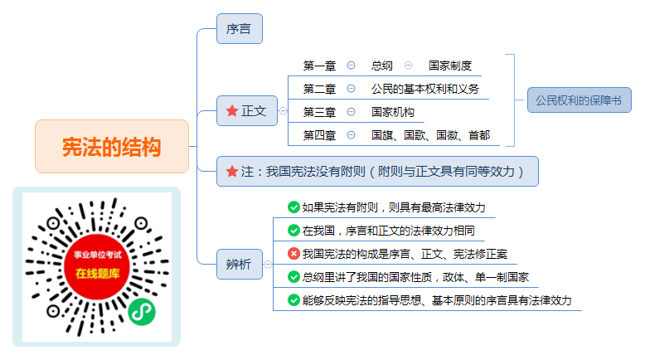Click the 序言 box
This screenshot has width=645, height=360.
tap(240, 29)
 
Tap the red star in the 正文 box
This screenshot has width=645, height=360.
tap(232, 110)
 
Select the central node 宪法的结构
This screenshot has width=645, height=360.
tap(112, 147)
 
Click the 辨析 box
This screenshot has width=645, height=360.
tap(240, 264)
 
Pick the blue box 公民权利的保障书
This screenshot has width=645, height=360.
tap(580, 100)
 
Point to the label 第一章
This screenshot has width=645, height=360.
tap(320, 66)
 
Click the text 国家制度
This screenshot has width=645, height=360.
tap(450, 66)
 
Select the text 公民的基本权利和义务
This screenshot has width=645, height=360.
tap(425, 89)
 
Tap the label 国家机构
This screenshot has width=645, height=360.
tap(393, 112)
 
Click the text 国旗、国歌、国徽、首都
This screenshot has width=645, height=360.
tap(430, 135)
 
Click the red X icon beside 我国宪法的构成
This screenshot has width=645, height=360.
tap(293, 254)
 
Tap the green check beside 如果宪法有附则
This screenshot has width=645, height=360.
tap(293, 207)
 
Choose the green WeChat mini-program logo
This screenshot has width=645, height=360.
tap(142, 312)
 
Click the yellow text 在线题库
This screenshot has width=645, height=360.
tap(98, 273)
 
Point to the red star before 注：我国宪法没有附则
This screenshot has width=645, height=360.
tap(232, 171)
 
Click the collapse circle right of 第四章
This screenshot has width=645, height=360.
tap(351, 135)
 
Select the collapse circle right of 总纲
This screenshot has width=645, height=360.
tap(408, 66)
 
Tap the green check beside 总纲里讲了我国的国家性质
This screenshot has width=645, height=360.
tap(293, 277)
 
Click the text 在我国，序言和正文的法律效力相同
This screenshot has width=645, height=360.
tap(389, 231)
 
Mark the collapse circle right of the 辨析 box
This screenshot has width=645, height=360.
tap(269, 264)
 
